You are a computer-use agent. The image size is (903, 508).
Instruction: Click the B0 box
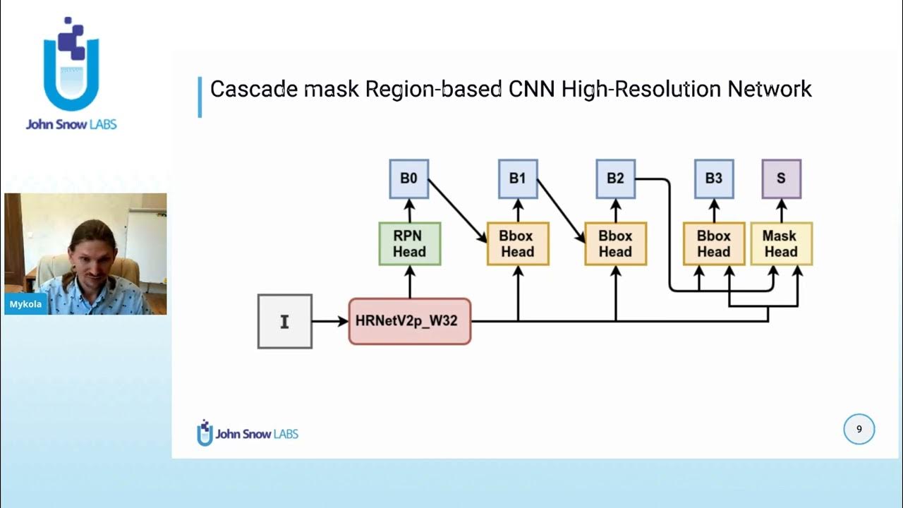pyautogui.click(x=409, y=179)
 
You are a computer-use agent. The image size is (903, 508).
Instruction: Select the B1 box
pyautogui.click(x=518, y=179)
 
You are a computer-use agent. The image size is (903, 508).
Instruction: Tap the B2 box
pyautogui.click(x=615, y=179)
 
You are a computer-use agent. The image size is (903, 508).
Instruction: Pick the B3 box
pyautogui.click(x=713, y=179)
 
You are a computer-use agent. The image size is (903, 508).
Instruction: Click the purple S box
pyautogui.click(x=781, y=179)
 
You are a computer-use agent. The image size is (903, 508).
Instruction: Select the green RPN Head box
pyautogui.click(x=409, y=244)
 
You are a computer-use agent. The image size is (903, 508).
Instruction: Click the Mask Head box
pyautogui.click(x=781, y=244)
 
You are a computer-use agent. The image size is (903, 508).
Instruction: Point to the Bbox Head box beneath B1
pyautogui.click(x=518, y=244)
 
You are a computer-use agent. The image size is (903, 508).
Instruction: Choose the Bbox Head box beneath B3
pyautogui.click(x=713, y=244)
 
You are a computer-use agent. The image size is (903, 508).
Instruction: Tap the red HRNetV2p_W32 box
pyautogui.click(x=409, y=321)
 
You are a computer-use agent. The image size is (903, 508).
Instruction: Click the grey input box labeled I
pyautogui.click(x=284, y=322)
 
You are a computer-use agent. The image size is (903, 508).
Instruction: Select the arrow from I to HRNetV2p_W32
pyautogui.click(x=329, y=322)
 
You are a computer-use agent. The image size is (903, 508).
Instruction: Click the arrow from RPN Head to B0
pyautogui.click(x=409, y=210)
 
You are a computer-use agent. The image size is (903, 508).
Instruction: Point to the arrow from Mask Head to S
pyautogui.click(x=781, y=210)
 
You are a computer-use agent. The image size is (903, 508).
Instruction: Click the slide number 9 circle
pyautogui.click(x=859, y=429)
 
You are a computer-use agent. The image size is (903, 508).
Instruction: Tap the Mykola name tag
pyautogui.click(x=25, y=305)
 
